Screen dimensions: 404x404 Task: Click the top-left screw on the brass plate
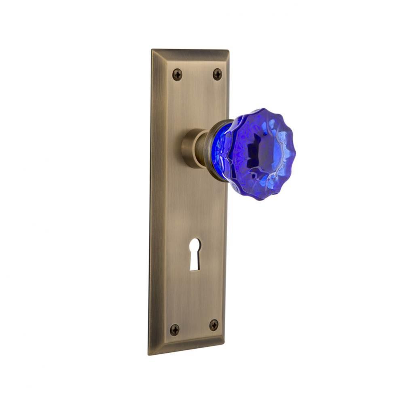177,74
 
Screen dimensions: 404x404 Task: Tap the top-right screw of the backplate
217,74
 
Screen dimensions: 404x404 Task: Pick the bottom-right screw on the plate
214,325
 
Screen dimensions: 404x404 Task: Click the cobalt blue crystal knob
259,154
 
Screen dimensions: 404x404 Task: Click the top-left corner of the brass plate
152,50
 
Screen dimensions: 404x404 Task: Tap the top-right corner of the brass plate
228,50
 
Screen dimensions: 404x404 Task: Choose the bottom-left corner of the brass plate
149,354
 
